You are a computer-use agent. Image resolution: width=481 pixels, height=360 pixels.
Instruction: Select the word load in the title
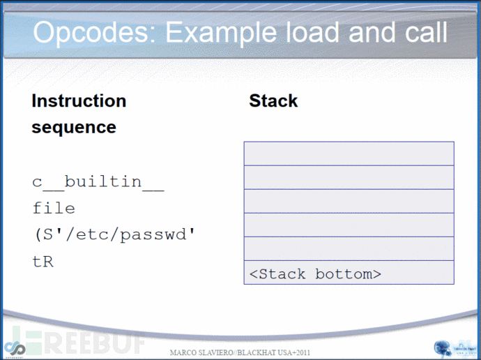pos(319,33)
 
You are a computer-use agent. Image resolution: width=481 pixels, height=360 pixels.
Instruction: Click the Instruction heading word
pos(79,100)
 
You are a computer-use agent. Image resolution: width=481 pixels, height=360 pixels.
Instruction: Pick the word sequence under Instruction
pos(74,127)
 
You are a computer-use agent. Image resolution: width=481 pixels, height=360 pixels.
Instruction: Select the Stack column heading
pos(273,100)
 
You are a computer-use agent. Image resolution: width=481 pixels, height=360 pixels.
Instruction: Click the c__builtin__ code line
pos(98,182)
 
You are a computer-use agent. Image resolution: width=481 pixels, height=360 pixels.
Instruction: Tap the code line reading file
pos(54,208)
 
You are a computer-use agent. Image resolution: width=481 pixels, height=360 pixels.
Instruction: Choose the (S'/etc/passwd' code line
pos(113,235)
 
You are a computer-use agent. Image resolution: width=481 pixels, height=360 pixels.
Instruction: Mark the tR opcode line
pos(43,262)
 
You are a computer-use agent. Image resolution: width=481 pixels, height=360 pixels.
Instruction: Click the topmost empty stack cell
pos(349,153)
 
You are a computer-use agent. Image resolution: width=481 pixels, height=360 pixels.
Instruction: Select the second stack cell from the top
pos(349,177)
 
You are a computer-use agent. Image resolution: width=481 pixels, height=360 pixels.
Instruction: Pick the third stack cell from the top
pos(349,201)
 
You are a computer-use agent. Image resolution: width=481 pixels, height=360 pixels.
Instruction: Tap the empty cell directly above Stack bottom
pos(349,248)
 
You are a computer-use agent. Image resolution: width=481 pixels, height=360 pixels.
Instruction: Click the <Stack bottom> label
pos(315,273)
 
